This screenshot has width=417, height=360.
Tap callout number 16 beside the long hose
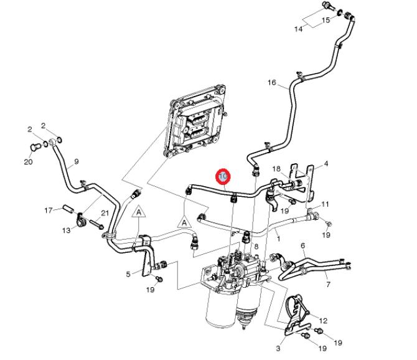[271, 82]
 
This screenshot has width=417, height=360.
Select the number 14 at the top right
[298, 29]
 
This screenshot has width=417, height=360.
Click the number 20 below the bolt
[28, 163]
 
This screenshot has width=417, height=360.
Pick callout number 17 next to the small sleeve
[48, 210]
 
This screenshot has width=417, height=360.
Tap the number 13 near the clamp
[66, 230]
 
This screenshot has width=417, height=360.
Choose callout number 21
[104, 214]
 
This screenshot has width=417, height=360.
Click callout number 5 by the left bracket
[129, 273]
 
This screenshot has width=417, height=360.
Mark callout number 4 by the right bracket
[325, 164]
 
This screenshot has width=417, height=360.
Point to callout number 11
[325, 204]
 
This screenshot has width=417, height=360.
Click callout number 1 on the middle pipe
[278, 239]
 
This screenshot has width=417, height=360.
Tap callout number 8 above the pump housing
[256, 247]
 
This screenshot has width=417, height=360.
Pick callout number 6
[302, 246]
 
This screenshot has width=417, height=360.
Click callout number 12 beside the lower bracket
[323, 321]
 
